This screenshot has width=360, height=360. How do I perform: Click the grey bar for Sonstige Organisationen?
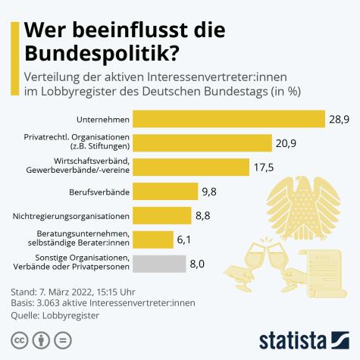(159, 263)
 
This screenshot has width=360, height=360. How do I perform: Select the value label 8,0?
(199, 264)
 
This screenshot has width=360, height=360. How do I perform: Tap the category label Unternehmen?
(104, 119)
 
